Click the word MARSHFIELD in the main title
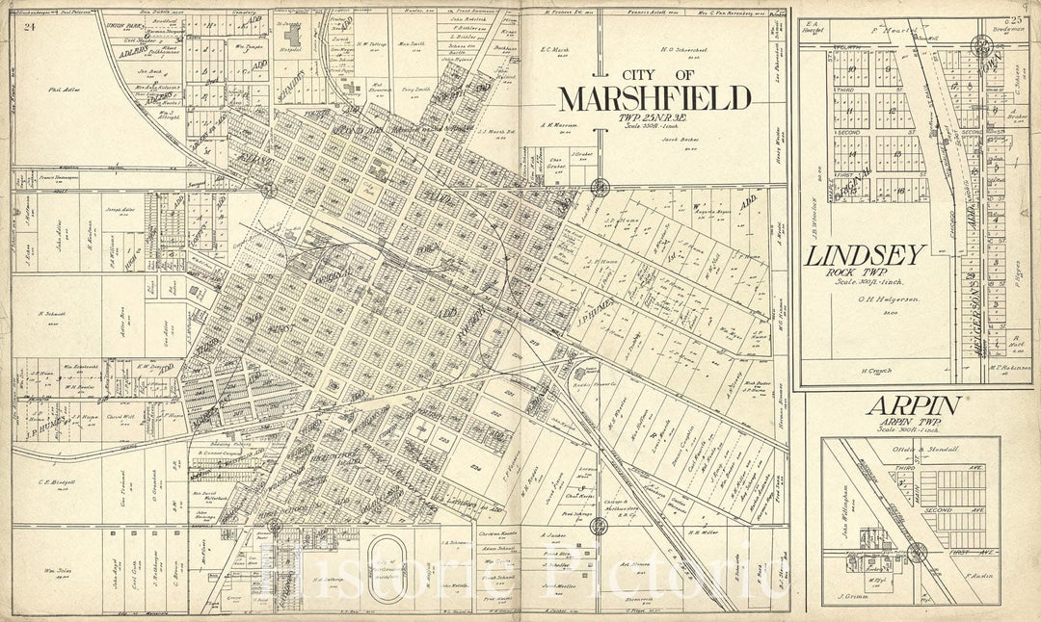pos(655,99)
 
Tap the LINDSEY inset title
pos(867,255)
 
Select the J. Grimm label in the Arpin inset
pos(853,597)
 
